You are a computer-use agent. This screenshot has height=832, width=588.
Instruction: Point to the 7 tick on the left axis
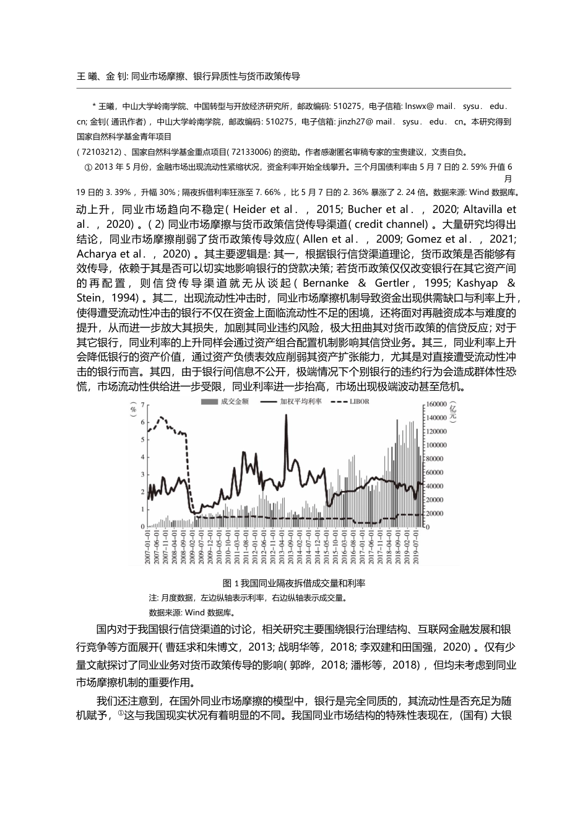(x=143, y=405)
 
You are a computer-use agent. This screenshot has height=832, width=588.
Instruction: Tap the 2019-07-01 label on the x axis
(x=417, y=548)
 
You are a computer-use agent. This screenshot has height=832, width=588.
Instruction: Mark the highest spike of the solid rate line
(x=286, y=415)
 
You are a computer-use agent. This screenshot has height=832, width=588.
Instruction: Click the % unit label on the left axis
(x=132, y=410)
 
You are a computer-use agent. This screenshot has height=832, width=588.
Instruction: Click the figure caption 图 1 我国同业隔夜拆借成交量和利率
(x=293, y=583)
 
